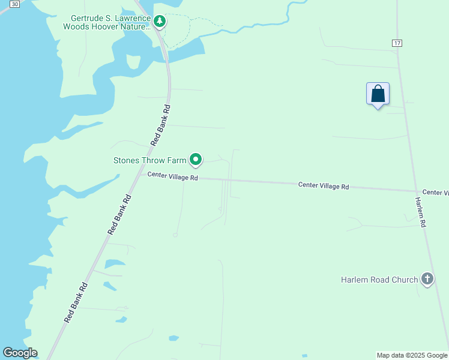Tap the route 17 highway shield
[397, 43]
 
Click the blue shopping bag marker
[378, 94]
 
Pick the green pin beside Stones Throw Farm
[196, 160]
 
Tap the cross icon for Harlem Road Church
[427, 279]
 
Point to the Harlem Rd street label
[421, 212]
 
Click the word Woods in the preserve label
[77, 27]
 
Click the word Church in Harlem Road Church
[404, 280]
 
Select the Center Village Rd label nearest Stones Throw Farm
[173, 176]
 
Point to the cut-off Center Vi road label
[435, 192]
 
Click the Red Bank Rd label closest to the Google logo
[76, 303]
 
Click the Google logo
[20, 353]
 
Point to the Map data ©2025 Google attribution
[412, 355]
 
